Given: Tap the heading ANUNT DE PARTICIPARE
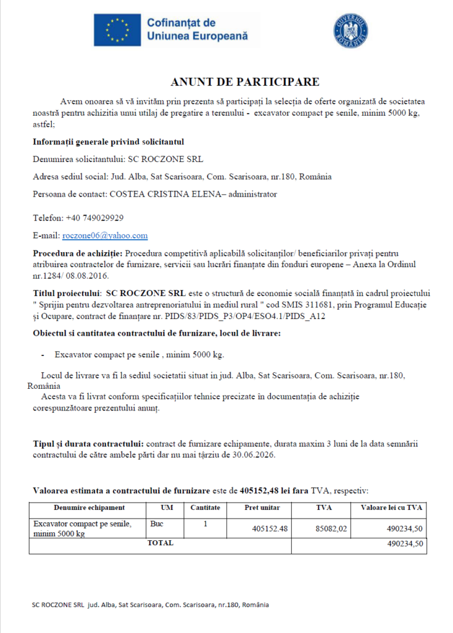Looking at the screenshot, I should pyautogui.click(x=245, y=82).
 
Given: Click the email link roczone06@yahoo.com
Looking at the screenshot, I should pyautogui.click(x=105, y=236).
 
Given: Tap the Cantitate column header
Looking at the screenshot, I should pyautogui.click(x=205, y=508).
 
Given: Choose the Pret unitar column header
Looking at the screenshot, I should pyautogui.click(x=262, y=508).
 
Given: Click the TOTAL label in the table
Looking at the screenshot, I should pyautogui.click(x=159, y=543).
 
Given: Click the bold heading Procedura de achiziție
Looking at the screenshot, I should pyautogui.click(x=78, y=253).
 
